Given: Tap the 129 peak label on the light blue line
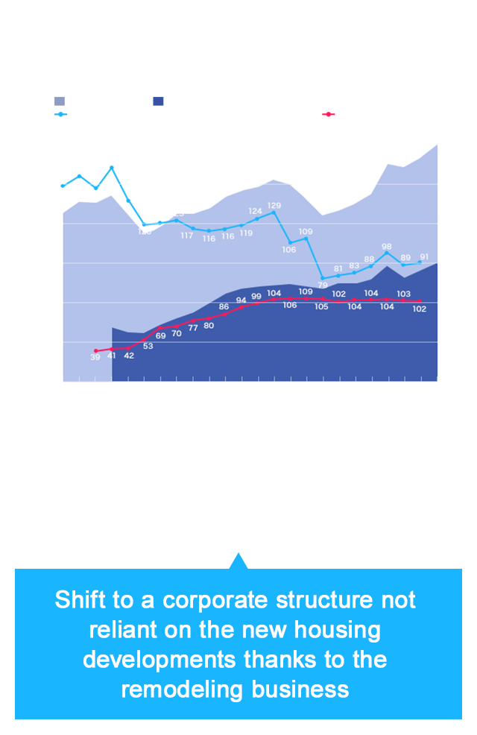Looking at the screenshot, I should click(x=274, y=205).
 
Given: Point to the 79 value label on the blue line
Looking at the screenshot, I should click(x=323, y=285).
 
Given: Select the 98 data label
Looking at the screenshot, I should click(x=387, y=246).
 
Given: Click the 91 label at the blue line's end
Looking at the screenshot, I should click(x=424, y=256).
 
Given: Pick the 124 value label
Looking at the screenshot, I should click(x=256, y=211).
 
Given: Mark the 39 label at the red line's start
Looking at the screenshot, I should click(x=95, y=358).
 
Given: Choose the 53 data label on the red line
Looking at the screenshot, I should click(x=148, y=346).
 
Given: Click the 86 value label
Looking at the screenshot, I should click(x=224, y=306).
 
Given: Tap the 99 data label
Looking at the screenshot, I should click(x=256, y=297).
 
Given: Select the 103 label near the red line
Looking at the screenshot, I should click(x=403, y=294).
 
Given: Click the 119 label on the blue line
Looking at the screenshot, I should click(x=246, y=233).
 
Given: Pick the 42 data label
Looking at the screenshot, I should click(x=129, y=356).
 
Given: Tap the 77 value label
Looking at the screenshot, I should click(x=193, y=328).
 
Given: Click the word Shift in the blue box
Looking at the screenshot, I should click(x=78, y=600).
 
